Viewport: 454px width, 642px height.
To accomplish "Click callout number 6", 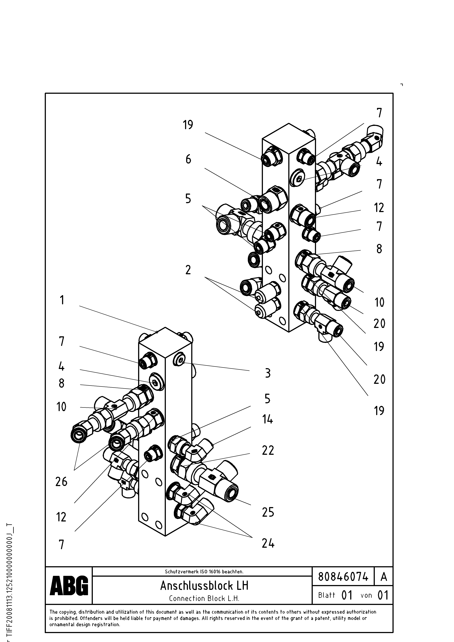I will (188, 159).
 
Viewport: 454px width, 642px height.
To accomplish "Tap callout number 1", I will (62, 300).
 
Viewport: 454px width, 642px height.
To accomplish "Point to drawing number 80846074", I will (343, 577).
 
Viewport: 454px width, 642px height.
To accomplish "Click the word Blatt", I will (326, 595).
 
